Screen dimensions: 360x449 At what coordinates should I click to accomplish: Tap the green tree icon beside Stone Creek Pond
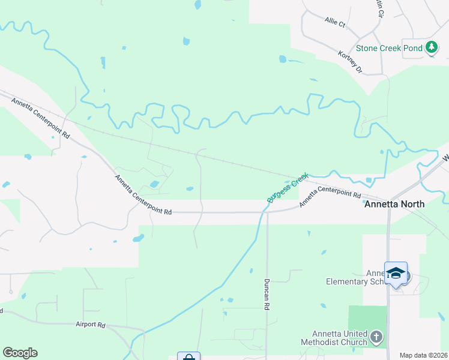431,47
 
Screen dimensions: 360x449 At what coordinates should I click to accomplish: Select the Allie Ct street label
335,23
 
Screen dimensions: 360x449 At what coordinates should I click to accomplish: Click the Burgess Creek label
288,188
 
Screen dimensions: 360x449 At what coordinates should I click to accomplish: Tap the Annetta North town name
394,204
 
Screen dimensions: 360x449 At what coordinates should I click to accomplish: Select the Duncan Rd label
267,293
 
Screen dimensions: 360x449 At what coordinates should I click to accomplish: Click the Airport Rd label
91,325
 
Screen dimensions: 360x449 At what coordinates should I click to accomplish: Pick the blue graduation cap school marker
396,273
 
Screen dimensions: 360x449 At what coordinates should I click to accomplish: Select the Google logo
20,353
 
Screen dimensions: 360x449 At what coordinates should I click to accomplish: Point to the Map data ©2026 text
423,355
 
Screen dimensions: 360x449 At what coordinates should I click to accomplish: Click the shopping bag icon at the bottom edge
188,356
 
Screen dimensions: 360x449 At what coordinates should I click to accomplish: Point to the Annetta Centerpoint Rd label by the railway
40,116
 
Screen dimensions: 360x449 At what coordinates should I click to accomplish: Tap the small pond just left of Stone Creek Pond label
283,59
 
